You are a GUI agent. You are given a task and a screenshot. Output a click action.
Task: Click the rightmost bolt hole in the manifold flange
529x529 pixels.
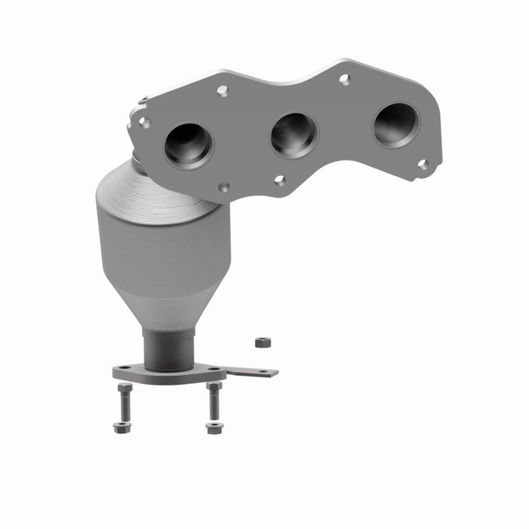coord(423,163)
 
